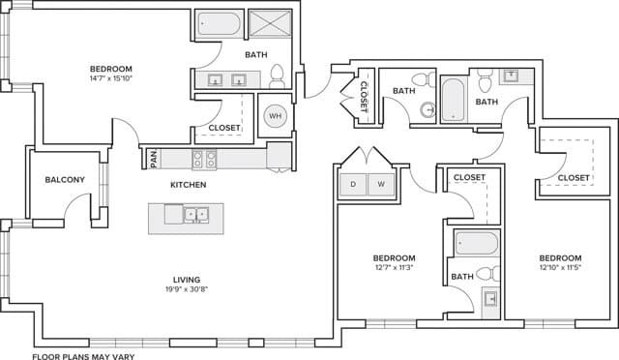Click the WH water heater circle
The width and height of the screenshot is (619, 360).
point(275,116)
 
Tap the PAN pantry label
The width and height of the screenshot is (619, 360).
point(153,156)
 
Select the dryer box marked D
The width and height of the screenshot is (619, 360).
point(353,183)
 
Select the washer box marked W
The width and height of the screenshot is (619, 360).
point(381,183)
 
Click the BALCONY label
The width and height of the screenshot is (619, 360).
point(65,180)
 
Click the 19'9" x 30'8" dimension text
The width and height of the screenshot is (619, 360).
point(186,289)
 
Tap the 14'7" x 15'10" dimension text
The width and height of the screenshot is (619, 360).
point(110,79)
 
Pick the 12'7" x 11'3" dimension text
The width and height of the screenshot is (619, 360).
point(395,269)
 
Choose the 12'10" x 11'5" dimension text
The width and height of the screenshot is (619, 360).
point(560,269)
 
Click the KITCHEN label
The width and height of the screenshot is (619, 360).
point(188,184)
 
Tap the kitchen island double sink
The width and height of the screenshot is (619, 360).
point(197,214)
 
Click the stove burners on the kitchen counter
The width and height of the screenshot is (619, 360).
point(205,157)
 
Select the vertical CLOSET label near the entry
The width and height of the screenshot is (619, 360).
point(364,98)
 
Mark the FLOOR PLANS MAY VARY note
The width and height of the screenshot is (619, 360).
point(82,355)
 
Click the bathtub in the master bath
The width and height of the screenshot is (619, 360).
point(219,24)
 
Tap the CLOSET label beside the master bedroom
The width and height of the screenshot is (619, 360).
point(224,128)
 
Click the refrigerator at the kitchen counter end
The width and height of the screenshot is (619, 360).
point(279,155)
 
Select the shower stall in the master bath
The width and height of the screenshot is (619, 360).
point(268,24)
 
